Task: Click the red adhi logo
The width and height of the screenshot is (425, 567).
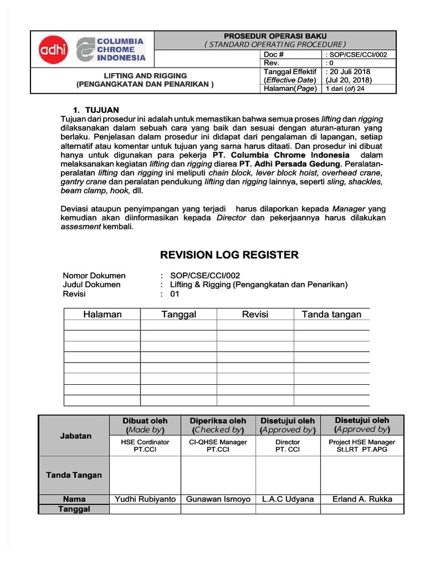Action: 53,50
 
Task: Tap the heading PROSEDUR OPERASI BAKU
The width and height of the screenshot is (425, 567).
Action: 274,36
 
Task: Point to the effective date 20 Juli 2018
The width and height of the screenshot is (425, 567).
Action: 349,71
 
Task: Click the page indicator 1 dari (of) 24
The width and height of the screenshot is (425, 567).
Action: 345,89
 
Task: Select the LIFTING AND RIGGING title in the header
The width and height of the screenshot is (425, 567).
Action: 146,75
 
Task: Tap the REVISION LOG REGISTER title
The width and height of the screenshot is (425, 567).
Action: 229,255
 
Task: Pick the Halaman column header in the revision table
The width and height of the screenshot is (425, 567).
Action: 102,315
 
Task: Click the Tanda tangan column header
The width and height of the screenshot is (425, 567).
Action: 331,315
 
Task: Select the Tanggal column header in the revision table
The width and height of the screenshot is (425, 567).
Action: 179,315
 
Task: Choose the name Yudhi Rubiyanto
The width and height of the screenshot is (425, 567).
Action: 145,499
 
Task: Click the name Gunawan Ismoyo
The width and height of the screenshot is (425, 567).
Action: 217,499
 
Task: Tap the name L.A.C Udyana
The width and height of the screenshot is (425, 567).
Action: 288,499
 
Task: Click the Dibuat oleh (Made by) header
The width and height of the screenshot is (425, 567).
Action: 145,425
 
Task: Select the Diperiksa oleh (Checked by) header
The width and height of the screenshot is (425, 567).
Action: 217,425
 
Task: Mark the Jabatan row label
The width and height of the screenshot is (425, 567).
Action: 76,436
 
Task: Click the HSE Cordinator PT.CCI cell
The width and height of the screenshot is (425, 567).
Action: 145,446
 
